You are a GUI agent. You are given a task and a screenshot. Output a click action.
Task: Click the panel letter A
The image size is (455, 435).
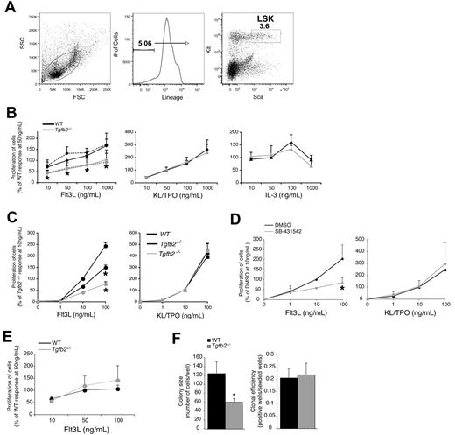coord(6,8)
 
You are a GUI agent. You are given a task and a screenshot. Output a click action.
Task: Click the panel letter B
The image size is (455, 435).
coord(6,123)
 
